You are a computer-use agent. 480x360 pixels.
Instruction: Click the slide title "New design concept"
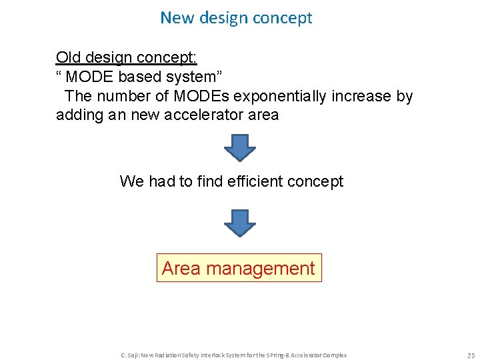point(236,18)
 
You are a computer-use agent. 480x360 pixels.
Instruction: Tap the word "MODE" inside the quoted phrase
point(89,77)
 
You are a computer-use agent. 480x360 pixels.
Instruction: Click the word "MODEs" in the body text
point(197,96)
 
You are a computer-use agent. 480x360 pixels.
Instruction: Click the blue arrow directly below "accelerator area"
point(239,147)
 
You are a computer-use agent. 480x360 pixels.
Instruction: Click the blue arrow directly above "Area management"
point(239,223)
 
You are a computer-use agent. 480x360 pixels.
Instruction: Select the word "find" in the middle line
point(211,181)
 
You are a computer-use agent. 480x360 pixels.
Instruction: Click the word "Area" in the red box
point(181,269)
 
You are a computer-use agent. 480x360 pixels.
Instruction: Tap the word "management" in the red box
point(260,269)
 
